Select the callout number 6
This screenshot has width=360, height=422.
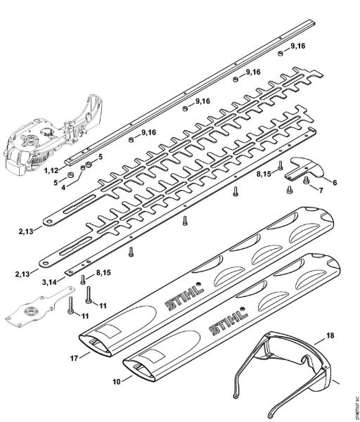335,183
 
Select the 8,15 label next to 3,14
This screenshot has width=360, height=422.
103,271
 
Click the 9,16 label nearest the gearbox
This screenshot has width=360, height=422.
148,132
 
